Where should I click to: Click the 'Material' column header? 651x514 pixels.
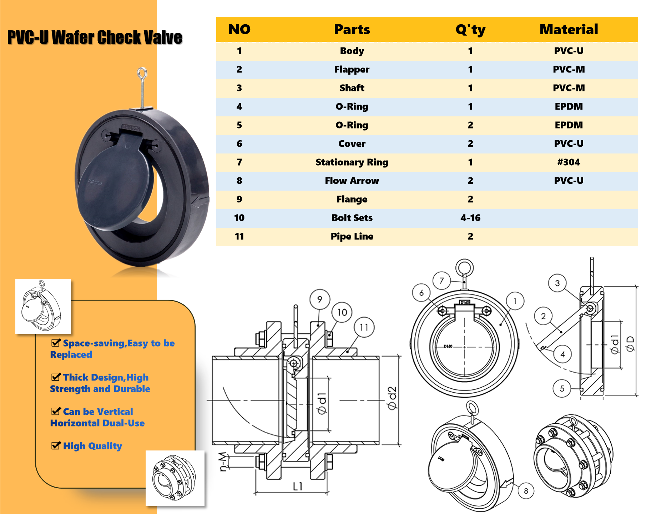569,29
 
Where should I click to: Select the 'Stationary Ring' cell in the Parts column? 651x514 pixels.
352,162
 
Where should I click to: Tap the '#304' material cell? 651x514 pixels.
569,162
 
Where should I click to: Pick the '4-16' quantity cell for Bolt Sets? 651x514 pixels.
470,218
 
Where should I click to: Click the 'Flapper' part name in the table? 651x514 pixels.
352,69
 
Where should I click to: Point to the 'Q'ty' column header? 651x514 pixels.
470,30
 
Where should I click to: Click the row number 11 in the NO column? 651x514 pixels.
239,236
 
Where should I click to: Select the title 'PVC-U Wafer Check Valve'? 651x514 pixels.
95,37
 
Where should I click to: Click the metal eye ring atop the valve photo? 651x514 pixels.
142,73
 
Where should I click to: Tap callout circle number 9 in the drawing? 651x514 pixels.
319,299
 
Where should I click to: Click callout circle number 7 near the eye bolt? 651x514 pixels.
441,281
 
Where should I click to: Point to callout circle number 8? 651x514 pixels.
526,491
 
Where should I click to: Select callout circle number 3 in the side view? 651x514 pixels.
557,283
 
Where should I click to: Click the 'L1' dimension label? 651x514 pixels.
297,486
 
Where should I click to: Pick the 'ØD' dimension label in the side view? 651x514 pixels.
630,343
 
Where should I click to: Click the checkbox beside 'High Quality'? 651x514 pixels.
56,445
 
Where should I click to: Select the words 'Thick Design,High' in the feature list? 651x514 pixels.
106,377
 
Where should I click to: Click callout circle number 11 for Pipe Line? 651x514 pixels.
364,327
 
